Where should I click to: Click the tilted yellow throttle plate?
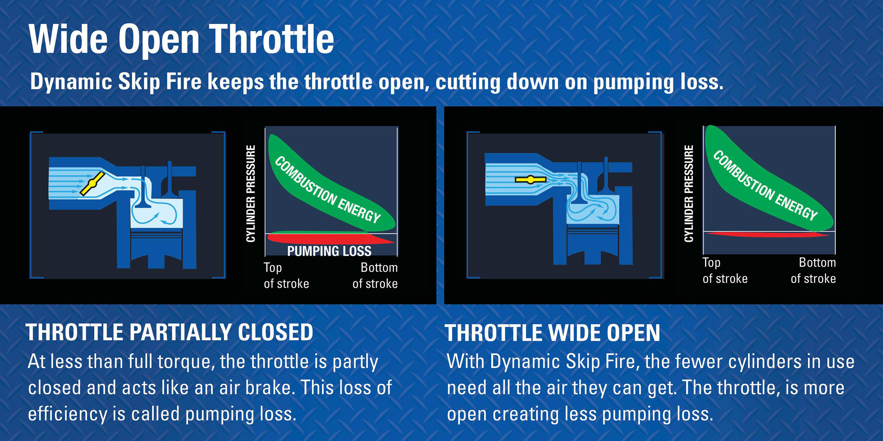click(x=92, y=183)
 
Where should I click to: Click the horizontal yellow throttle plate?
click(x=530, y=180)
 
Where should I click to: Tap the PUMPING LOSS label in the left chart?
click(x=329, y=251)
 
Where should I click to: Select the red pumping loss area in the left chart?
click(x=328, y=239)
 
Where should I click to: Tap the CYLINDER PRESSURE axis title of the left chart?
click(x=250, y=193)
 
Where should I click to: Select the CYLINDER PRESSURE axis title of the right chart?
click(x=688, y=193)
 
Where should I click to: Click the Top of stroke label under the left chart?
click(x=286, y=276)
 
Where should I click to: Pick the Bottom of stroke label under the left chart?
click(x=375, y=276)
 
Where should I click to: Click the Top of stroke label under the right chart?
click(x=724, y=271)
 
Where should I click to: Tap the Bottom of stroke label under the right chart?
click(x=813, y=271)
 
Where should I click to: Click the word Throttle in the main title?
click(x=271, y=40)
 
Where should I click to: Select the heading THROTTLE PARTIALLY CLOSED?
click(x=170, y=332)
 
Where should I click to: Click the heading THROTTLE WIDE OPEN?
click(x=552, y=333)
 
